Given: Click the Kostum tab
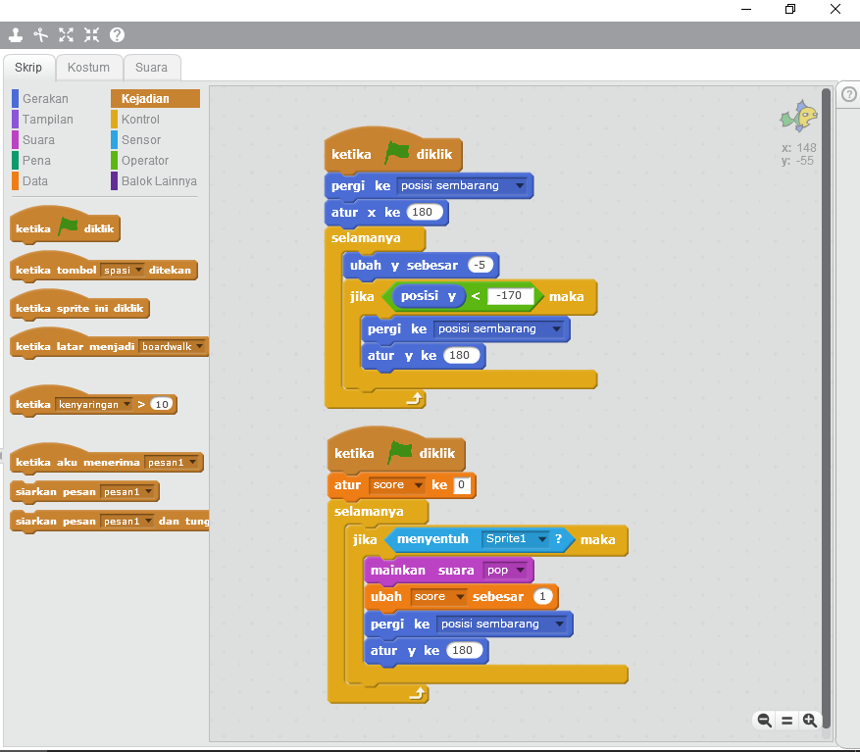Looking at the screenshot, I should click(x=88, y=68).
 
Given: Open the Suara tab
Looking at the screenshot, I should click(x=151, y=68).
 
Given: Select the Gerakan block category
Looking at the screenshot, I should click(x=45, y=99).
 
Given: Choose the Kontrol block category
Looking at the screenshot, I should click(x=140, y=120).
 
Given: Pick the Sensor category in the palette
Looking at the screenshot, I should click(x=141, y=140).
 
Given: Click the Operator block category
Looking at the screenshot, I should click(x=145, y=161).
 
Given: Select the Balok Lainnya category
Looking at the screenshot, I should click(x=159, y=181).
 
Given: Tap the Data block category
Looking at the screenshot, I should click(x=35, y=181).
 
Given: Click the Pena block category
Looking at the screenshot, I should click(x=36, y=161).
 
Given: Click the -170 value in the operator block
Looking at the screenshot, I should click(x=510, y=296).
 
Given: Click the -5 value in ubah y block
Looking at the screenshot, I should click(x=480, y=266).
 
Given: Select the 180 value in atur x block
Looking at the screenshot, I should click(x=423, y=213).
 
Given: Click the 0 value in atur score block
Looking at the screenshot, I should click(x=462, y=485).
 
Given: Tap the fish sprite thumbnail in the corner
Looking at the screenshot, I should click(x=798, y=117).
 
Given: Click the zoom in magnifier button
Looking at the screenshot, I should click(x=810, y=721).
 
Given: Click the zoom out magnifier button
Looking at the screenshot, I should click(x=764, y=721).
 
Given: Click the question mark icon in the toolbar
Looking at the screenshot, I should click(x=117, y=35).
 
